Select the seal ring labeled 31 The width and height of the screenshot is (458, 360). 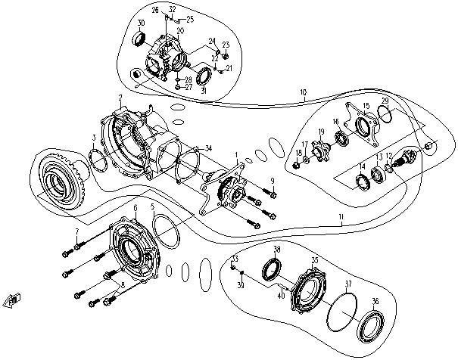(203, 76)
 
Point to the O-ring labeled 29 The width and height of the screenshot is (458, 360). (385, 114)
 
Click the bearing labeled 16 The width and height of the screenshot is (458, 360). (342, 138)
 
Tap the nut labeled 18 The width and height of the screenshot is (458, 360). (298, 164)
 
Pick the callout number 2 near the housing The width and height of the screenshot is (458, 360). (120, 98)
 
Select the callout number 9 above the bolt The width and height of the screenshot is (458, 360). (272, 179)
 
